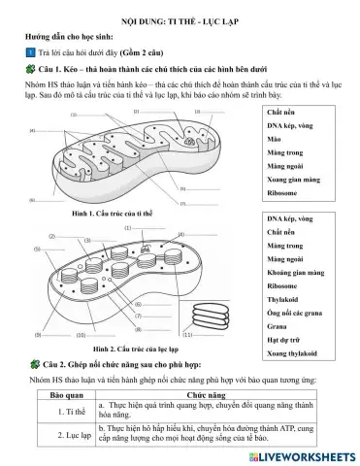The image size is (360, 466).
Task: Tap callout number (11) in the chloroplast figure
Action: pos(190,334)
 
